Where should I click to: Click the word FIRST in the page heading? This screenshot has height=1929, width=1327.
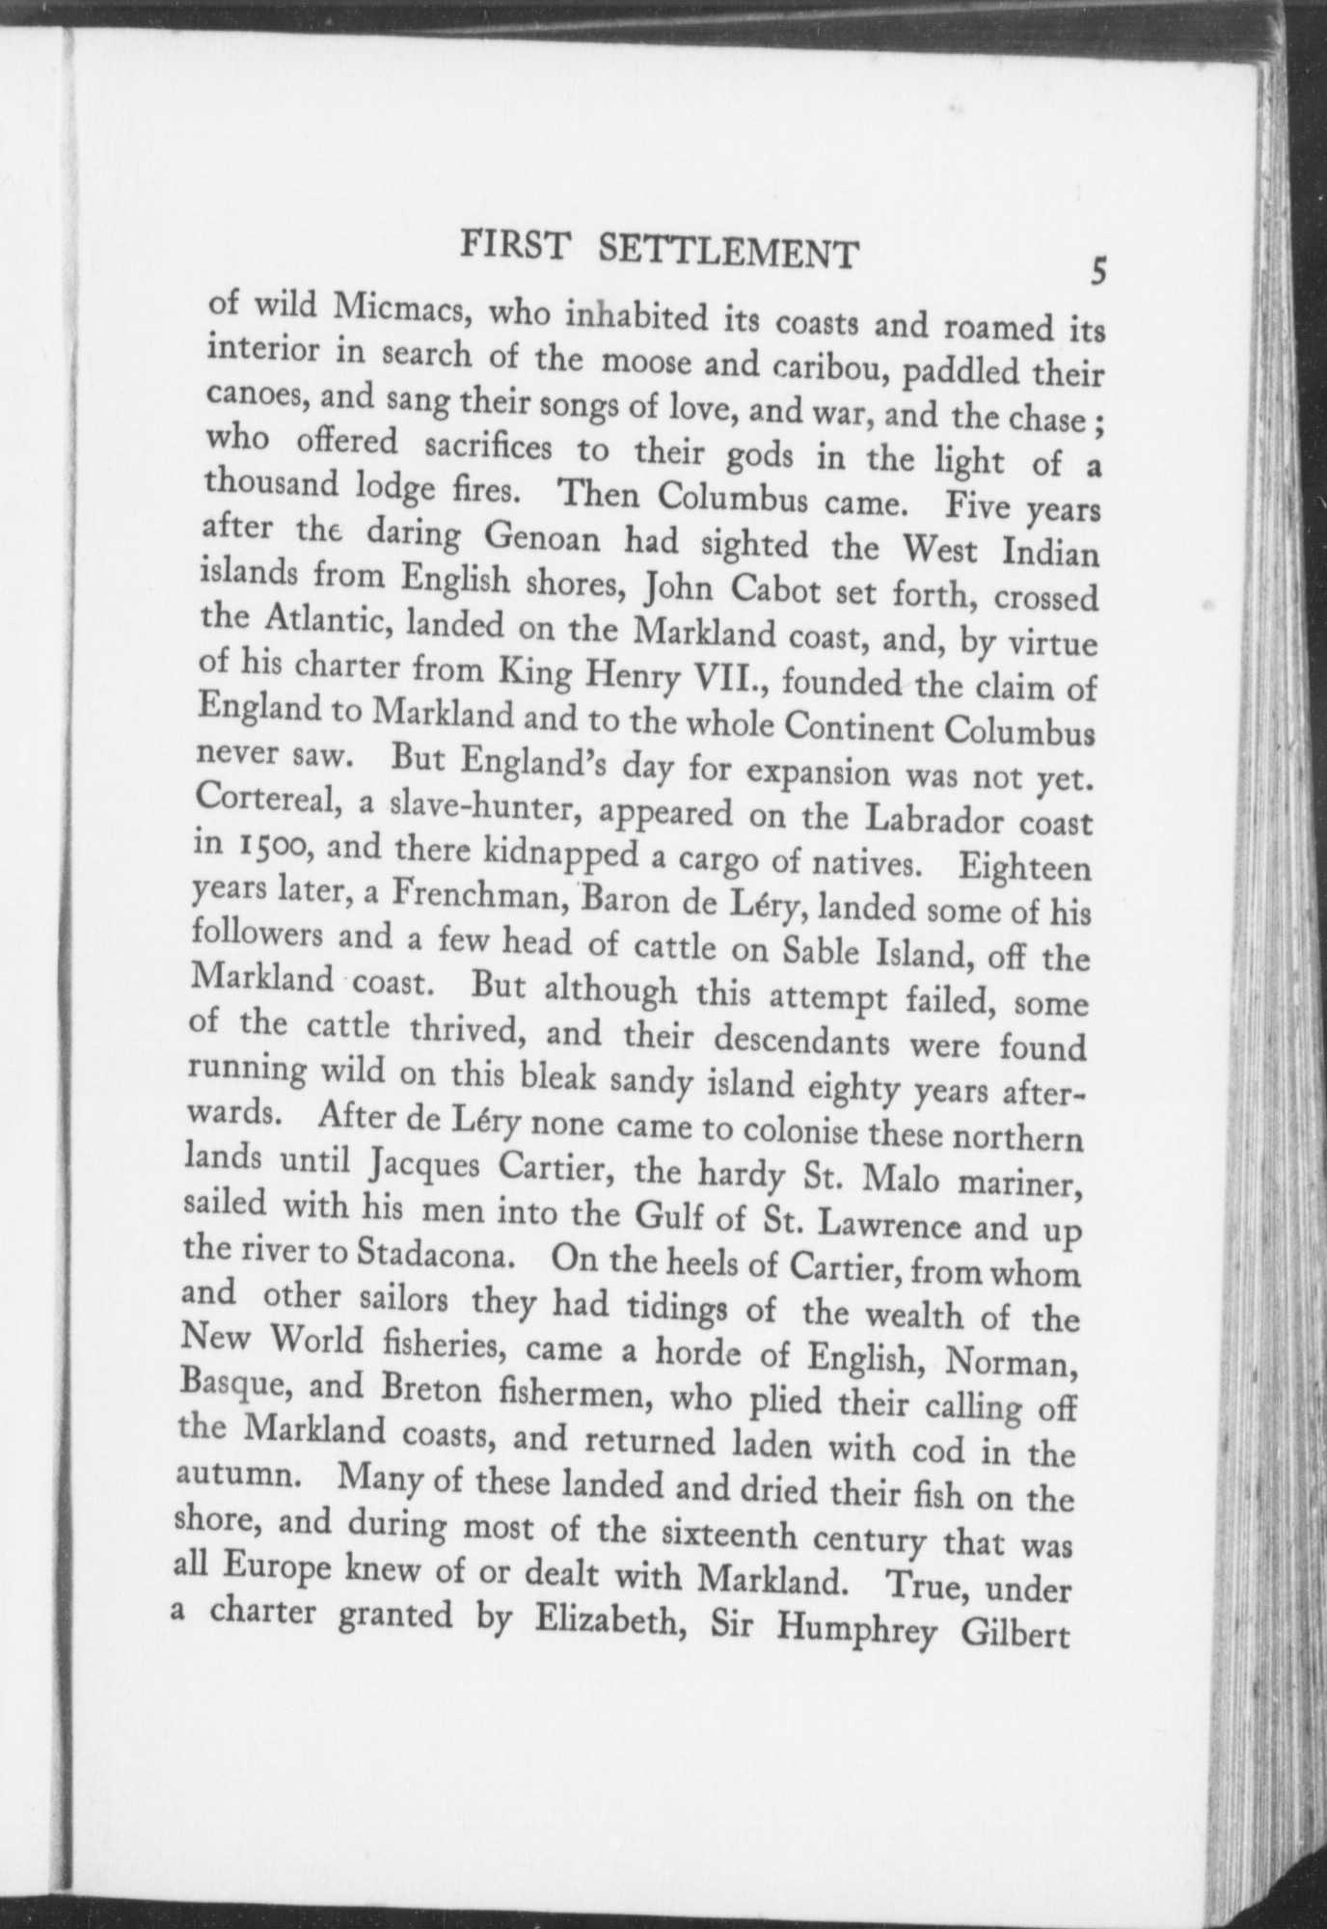coord(515,249)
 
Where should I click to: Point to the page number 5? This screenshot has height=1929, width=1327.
coord(1097,272)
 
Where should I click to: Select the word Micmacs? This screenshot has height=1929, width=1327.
coord(401,308)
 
